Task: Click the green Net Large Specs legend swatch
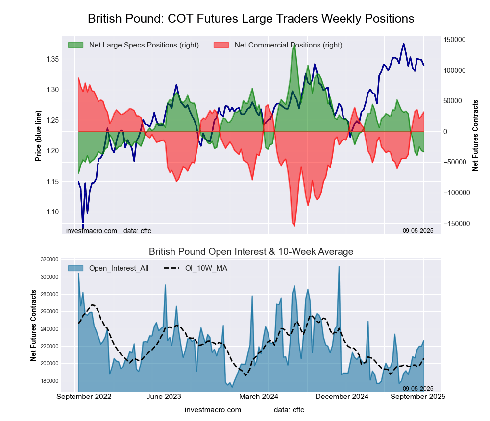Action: click(75, 45)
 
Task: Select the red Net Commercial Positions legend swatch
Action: click(221, 45)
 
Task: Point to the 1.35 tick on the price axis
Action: click(51, 59)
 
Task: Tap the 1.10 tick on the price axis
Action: click(51, 212)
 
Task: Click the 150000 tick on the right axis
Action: click(455, 40)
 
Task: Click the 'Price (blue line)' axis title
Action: click(38, 136)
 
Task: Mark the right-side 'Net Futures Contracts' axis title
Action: click(475, 135)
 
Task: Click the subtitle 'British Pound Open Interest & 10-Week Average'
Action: click(251, 252)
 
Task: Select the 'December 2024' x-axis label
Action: click(346, 396)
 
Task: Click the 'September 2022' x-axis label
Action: click(84, 396)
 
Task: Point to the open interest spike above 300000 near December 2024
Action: click(339, 267)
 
